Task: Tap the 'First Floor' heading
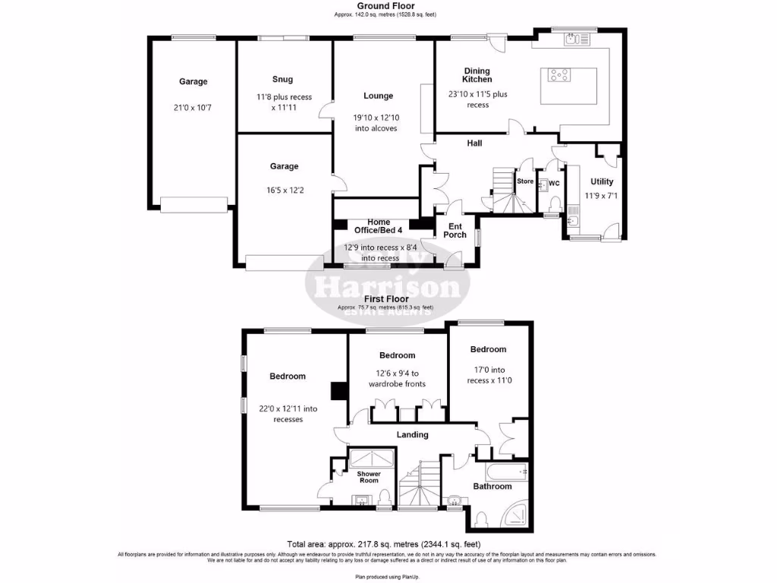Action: [385, 299]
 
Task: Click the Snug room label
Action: [282, 79]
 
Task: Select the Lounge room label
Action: [378, 96]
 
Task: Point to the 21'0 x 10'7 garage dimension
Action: [193, 108]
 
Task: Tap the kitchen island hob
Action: [561, 74]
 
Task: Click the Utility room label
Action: [602, 181]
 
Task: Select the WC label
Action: [554, 183]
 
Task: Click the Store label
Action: [525, 181]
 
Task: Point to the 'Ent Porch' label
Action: [455, 230]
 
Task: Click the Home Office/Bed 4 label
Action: [379, 225]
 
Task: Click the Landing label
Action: [411, 435]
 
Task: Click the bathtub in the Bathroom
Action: [506, 471]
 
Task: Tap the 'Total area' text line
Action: [383, 544]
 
